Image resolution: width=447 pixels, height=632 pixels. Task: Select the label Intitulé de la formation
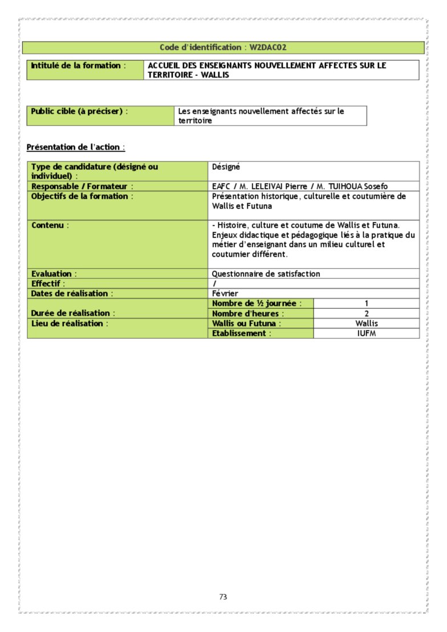click(77, 66)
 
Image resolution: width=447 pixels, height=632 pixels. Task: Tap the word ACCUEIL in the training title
click(163, 66)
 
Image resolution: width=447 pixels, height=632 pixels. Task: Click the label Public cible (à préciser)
click(78, 111)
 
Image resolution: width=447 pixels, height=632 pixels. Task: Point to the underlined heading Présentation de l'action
click(75, 147)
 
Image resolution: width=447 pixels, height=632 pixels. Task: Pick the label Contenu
click(49, 226)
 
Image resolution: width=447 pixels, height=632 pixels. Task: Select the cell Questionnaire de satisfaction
click(266, 274)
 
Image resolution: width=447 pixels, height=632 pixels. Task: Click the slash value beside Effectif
click(214, 284)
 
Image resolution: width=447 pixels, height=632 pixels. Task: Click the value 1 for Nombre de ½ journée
click(366, 304)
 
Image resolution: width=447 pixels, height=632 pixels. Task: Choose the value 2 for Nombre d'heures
click(366, 313)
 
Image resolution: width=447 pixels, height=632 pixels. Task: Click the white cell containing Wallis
click(366, 323)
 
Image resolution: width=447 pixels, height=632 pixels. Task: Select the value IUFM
click(366, 333)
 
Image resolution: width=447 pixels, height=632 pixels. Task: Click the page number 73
click(223, 597)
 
